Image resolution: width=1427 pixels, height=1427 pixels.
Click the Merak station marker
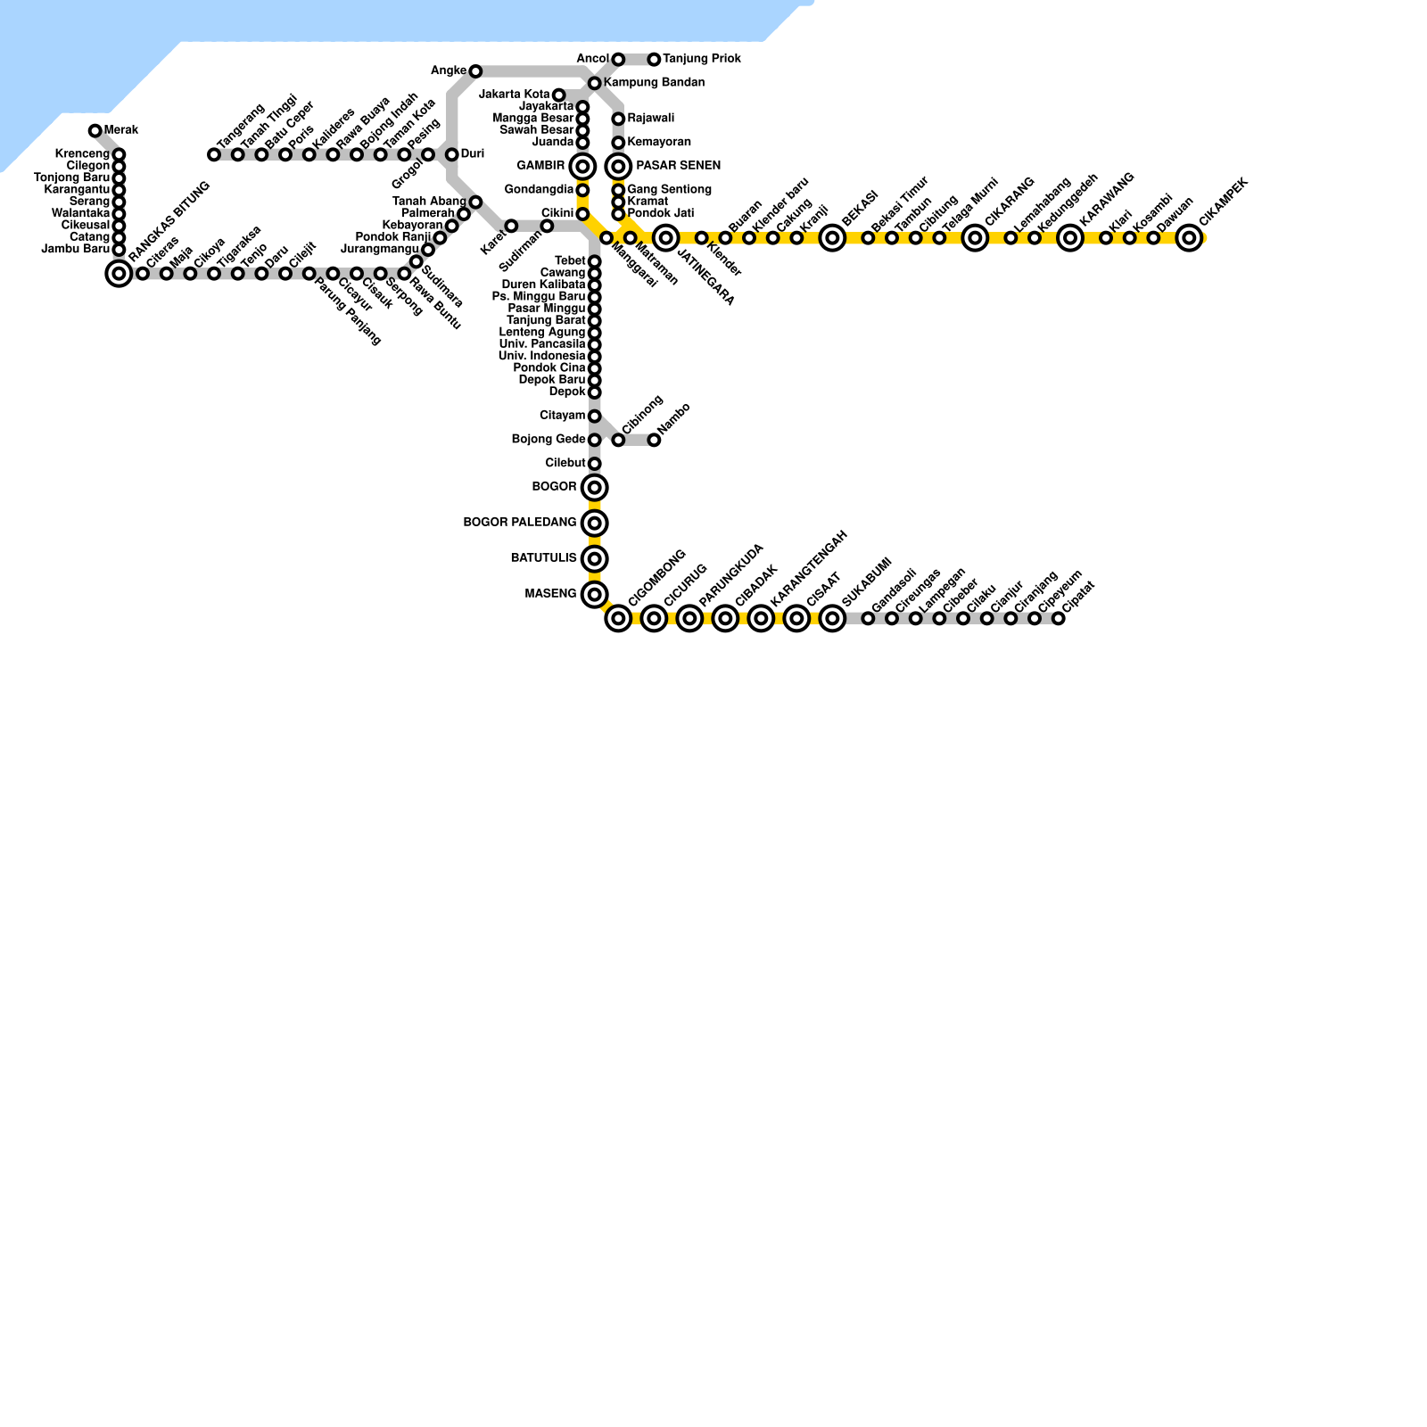click(95, 131)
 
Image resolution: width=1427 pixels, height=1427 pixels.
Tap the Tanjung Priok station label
click(701, 59)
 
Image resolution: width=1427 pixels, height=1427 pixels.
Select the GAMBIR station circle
click(582, 166)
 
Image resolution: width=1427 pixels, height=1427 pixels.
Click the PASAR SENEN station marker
click(618, 166)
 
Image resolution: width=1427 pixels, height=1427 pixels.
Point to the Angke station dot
click(475, 71)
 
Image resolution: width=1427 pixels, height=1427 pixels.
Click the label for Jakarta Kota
click(514, 95)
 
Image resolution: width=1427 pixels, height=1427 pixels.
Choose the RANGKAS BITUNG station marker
click(119, 273)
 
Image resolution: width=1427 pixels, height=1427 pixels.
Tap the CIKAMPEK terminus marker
click(1189, 237)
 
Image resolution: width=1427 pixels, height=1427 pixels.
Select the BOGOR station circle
click(595, 487)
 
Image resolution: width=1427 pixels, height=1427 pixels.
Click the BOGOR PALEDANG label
click(519, 523)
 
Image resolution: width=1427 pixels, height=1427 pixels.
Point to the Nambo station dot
click(654, 440)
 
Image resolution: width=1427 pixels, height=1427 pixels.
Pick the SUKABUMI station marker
click(832, 618)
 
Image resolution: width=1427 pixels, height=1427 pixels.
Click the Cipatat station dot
click(1059, 618)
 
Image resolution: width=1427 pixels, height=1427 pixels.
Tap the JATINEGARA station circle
click(665, 237)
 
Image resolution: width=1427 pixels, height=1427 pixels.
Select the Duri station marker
click(452, 154)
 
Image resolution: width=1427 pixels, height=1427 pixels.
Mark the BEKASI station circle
click(832, 237)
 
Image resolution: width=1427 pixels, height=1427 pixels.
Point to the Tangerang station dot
click(214, 154)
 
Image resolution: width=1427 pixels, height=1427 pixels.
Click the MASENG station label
click(550, 594)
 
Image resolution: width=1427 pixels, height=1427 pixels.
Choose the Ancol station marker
click(618, 60)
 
